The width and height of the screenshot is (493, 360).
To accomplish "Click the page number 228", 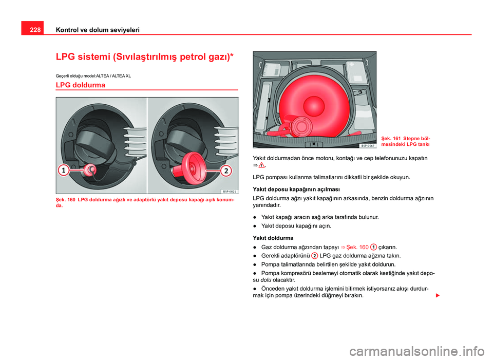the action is [35, 30].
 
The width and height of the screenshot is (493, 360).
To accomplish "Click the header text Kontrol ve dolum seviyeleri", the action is [98, 30].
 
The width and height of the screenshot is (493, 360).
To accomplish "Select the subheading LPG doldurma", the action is [81, 85].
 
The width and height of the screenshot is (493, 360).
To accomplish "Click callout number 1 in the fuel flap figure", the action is [63, 170].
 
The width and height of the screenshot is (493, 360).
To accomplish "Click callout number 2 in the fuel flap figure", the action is [226, 171].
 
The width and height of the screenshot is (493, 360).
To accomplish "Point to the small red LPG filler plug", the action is [89, 170].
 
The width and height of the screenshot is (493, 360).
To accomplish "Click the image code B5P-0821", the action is [230, 191].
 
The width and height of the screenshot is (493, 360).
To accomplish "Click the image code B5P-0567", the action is [368, 145].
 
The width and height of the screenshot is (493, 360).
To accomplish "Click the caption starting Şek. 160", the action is [145, 202].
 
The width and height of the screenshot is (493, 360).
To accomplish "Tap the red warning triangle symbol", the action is [261, 165].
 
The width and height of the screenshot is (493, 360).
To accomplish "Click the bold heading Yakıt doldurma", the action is [273, 238].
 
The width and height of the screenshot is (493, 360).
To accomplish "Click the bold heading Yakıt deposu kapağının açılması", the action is [296, 190].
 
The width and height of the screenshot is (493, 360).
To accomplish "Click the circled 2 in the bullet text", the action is [314, 256].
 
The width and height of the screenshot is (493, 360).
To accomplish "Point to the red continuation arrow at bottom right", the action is [438, 295].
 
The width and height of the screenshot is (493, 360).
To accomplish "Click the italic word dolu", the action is [266, 280].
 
